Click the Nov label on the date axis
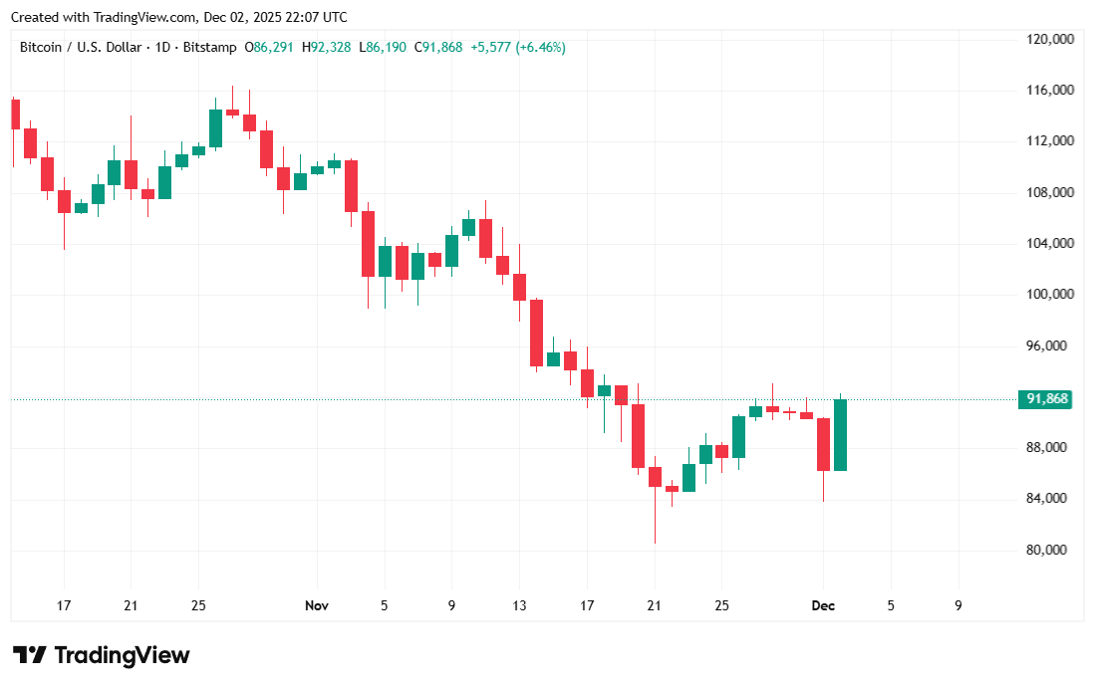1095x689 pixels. point(317,605)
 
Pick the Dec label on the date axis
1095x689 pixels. point(823,605)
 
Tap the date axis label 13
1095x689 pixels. point(519,605)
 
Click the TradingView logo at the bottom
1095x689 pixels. point(101,655)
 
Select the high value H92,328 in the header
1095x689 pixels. point(327,47)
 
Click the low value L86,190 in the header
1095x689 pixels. point(383,47)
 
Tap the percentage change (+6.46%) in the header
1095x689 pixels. point(541,47)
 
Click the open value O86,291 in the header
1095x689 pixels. point(269,47)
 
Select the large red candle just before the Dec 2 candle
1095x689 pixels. point(824,444)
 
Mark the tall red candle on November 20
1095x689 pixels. point(638,435)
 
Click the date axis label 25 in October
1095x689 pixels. point(198,605)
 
